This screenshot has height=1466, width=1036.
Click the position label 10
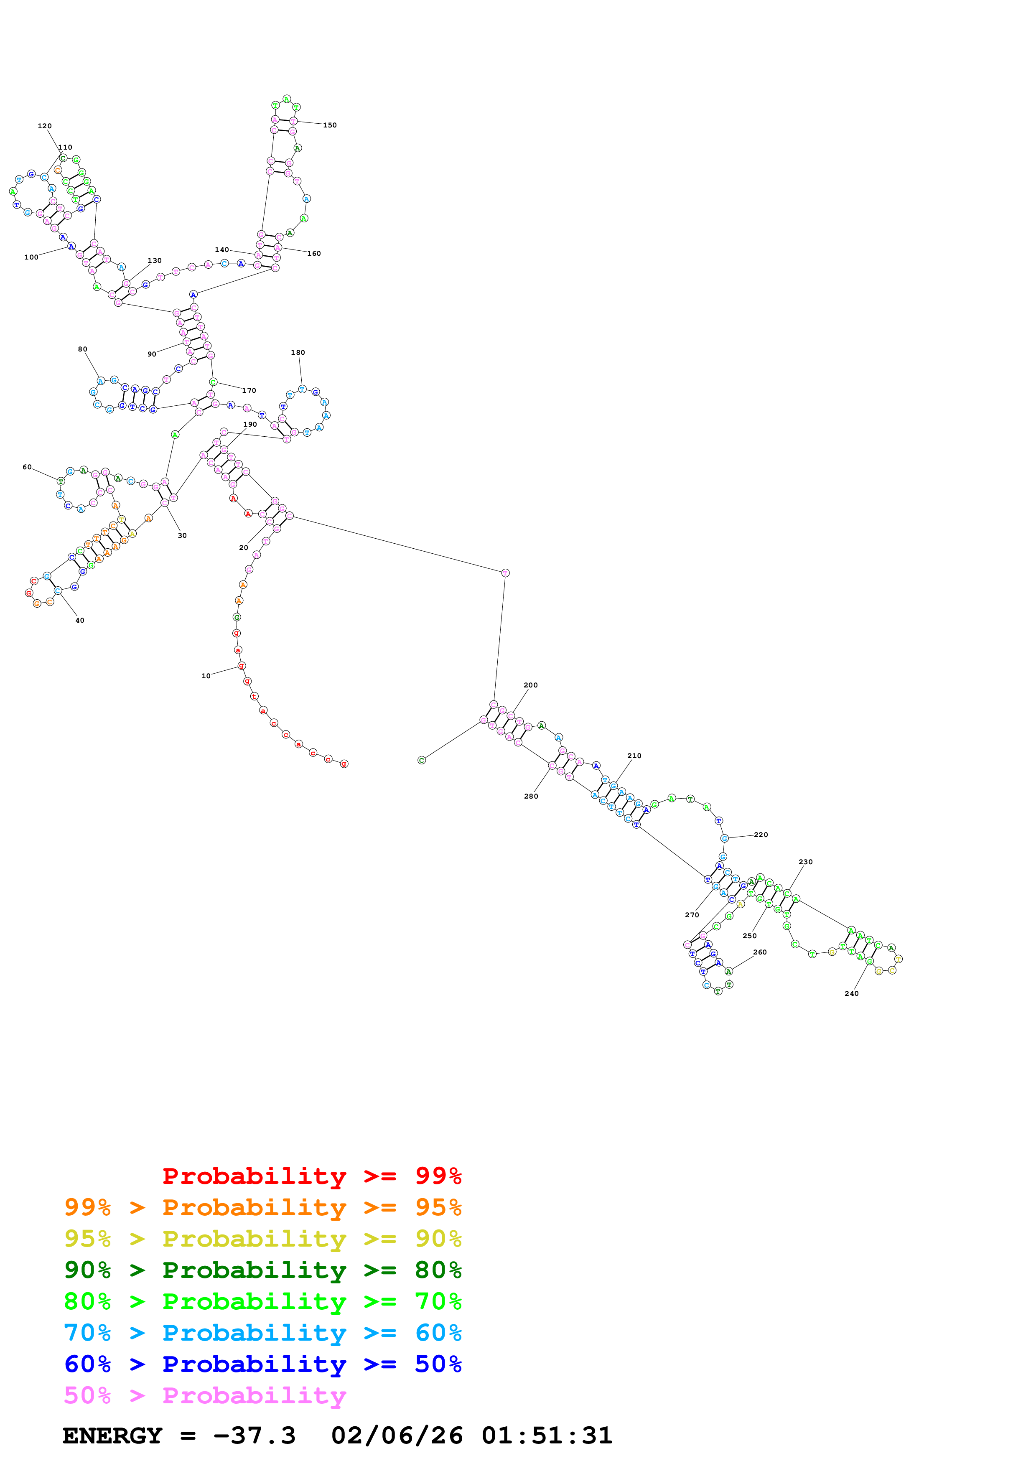point(206,675)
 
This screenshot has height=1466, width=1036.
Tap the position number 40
point(80,620)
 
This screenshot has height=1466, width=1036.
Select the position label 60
point(27,467)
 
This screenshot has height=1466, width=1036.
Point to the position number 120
point(45,126)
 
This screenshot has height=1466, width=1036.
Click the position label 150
point(329,125)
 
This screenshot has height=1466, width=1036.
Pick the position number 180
point(298,352)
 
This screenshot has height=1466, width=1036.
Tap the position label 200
point(530,685)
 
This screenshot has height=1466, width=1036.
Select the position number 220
point(761,835)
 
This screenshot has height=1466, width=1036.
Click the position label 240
point(852,993)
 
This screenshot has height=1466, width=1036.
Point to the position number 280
point(531,796)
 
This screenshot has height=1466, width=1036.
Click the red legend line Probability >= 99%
point(311,1176)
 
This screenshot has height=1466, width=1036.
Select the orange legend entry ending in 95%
point(263,1207)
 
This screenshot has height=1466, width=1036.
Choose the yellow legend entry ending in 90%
point(263,1239)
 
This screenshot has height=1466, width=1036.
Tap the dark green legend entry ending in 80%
point(263,1270)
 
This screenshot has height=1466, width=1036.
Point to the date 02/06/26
point(397,1435)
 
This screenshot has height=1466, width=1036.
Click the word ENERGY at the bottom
point(112,1435)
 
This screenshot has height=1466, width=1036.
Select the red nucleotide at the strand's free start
point(344,764)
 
